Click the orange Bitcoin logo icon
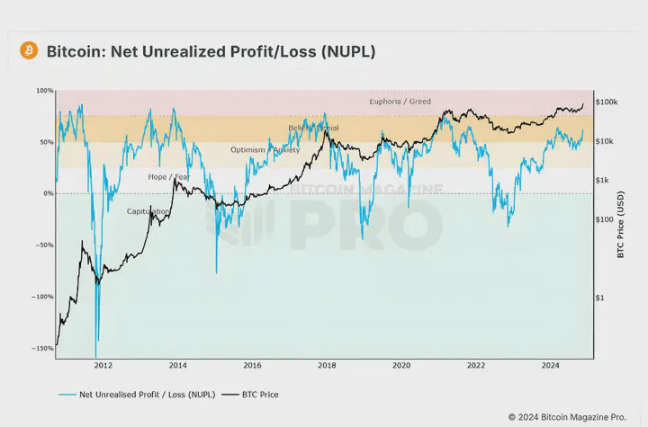(x=29, y=51)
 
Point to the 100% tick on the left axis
(x=46, y=91)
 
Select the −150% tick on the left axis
(x=42, y=348)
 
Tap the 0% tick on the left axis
(x=49, y=193)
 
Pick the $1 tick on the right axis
(x=601, y=298)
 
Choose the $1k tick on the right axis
(x=603, y=181)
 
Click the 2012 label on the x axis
(x=103, y=366)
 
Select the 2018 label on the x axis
(x=327, y=366)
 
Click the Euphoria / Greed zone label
(x=400, y=102)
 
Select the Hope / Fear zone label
(x=169, y=177)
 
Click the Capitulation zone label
(x=148, y=211)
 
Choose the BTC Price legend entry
(x=256, y=394)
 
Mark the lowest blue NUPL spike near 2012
(x=95, y=356)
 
